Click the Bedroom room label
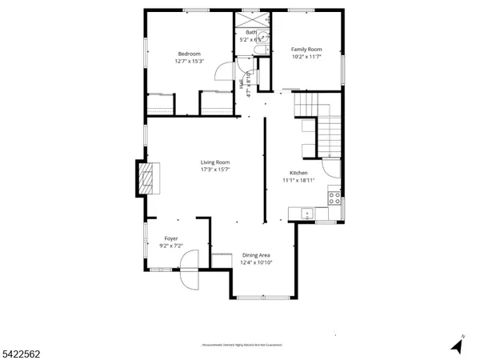tap(189, 54)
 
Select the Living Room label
tap(215, 162)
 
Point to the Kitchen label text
tap(298, 173)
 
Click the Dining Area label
tap(256, 255)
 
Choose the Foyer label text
tap(171, 238)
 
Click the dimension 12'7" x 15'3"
tap(189, 62)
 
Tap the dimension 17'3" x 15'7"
tap(215, 170)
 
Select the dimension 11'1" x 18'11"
tap(298, 181)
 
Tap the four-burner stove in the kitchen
tap(335, 197)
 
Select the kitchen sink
tap(306, 213)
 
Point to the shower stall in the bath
tap(253, 19)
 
